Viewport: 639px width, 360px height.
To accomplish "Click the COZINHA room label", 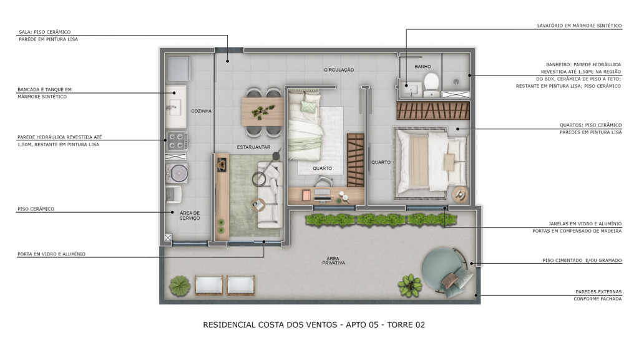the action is [202, 111].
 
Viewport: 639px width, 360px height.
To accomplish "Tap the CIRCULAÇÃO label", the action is [339, 70].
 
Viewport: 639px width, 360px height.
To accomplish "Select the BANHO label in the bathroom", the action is [422, 66].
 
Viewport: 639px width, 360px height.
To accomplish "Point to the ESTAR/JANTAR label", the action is [253, 147].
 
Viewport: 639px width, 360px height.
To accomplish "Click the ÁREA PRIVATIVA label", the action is [333, 261].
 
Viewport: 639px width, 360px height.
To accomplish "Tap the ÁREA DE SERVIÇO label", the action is [190, 215].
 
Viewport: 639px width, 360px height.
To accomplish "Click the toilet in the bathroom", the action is [431, 84].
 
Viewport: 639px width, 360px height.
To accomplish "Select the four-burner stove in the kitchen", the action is [177, 141].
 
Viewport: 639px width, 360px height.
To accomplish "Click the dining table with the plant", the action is [263, 111].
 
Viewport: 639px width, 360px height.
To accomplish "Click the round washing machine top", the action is [178, 173].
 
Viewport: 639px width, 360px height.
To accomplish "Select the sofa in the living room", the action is [270, 195].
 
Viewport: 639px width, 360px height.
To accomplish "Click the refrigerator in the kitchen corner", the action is [178, 69].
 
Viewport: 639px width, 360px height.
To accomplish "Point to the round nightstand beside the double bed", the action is [460, 195].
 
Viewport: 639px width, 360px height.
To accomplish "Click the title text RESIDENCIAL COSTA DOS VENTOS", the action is [270, 324].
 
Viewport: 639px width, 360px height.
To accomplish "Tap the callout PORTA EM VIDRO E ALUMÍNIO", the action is [51, 254].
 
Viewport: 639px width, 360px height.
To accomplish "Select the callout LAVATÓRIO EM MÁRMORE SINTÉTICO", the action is [579, 26].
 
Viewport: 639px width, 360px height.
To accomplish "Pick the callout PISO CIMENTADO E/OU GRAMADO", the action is [582, 260].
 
